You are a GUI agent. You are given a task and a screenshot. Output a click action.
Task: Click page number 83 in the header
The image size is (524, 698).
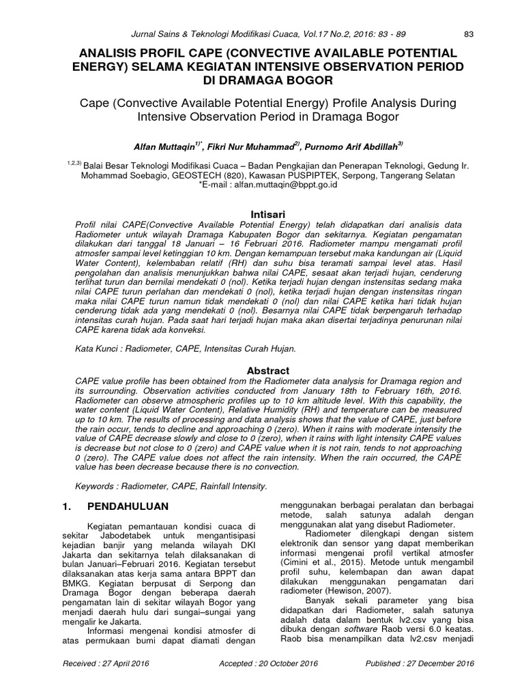(x=468, y=34)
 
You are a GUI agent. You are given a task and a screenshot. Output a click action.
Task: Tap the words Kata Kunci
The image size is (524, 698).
(x=93, y=348)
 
